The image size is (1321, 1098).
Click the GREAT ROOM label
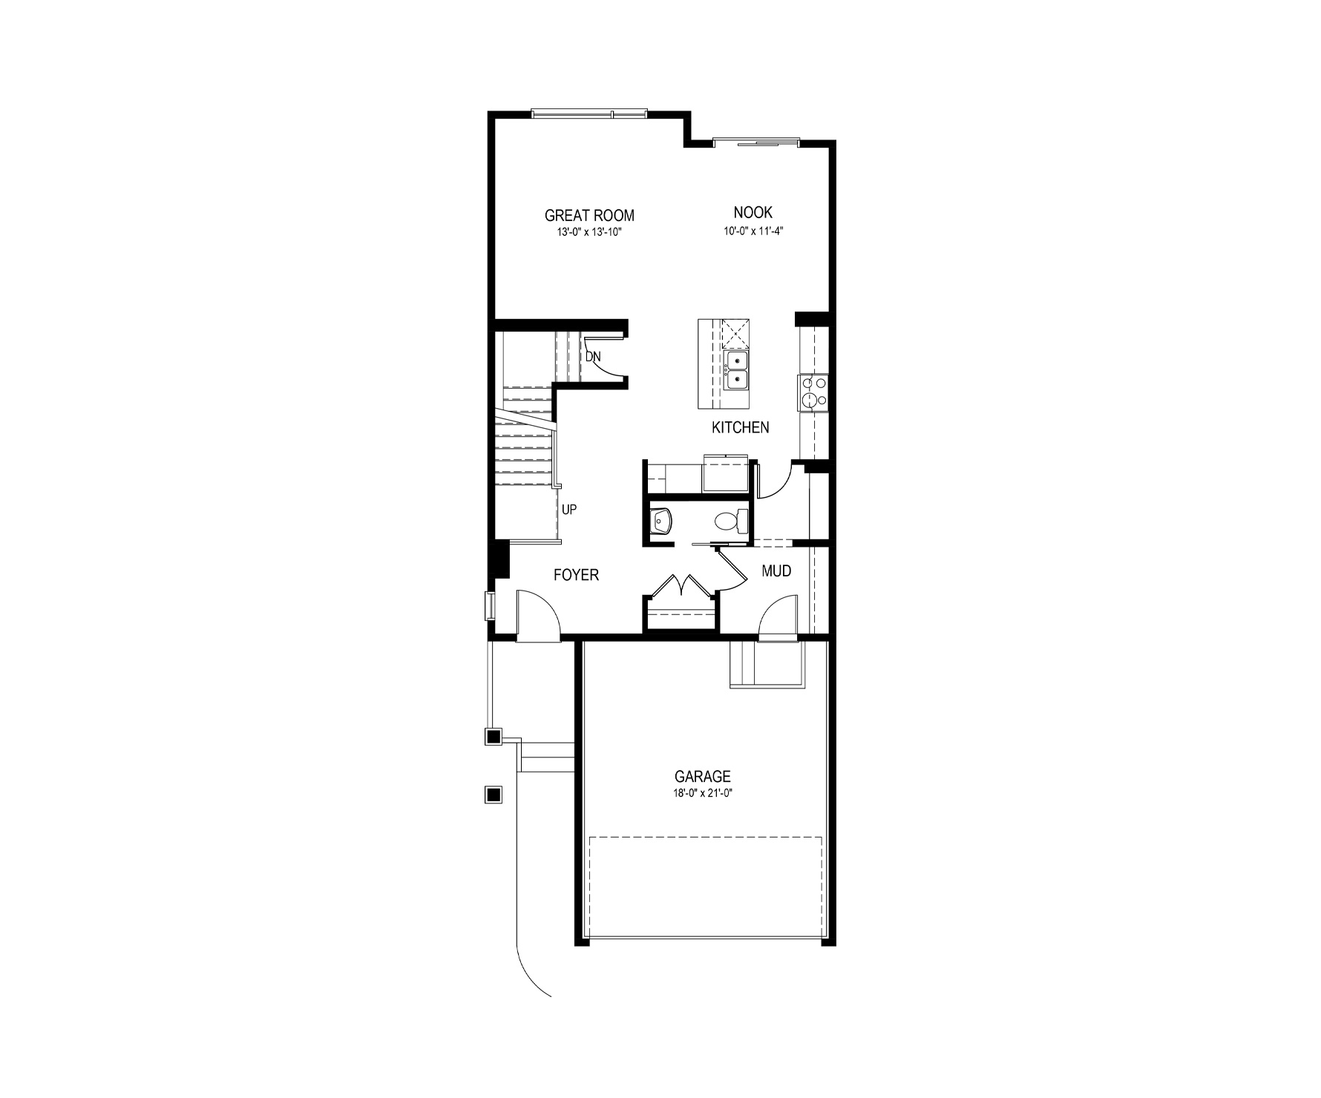point(589,216)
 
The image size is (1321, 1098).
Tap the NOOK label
point(753,213)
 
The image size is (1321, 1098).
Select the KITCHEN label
point(741,427)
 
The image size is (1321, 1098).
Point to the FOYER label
point(577,574)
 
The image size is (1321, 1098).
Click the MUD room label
point(777,571)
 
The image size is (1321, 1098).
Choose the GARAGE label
point(703,777)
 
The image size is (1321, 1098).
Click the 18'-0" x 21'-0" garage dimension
point(703,793)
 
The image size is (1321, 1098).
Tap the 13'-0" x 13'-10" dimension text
point(589,231)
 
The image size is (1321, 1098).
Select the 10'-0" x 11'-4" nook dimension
point(754,230)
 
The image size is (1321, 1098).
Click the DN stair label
point(593,357)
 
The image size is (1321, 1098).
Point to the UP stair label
point(569,510)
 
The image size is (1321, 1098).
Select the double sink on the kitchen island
point(736,370)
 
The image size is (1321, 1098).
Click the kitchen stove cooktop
point(813,392)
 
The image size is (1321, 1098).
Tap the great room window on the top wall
point(589,114)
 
